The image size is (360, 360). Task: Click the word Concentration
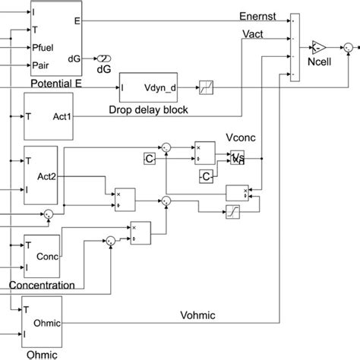click(42, 286)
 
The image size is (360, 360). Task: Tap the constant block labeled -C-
click(206, 177)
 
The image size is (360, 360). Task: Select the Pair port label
click(43, 65)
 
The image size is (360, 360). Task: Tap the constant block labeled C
click(150, 158)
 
